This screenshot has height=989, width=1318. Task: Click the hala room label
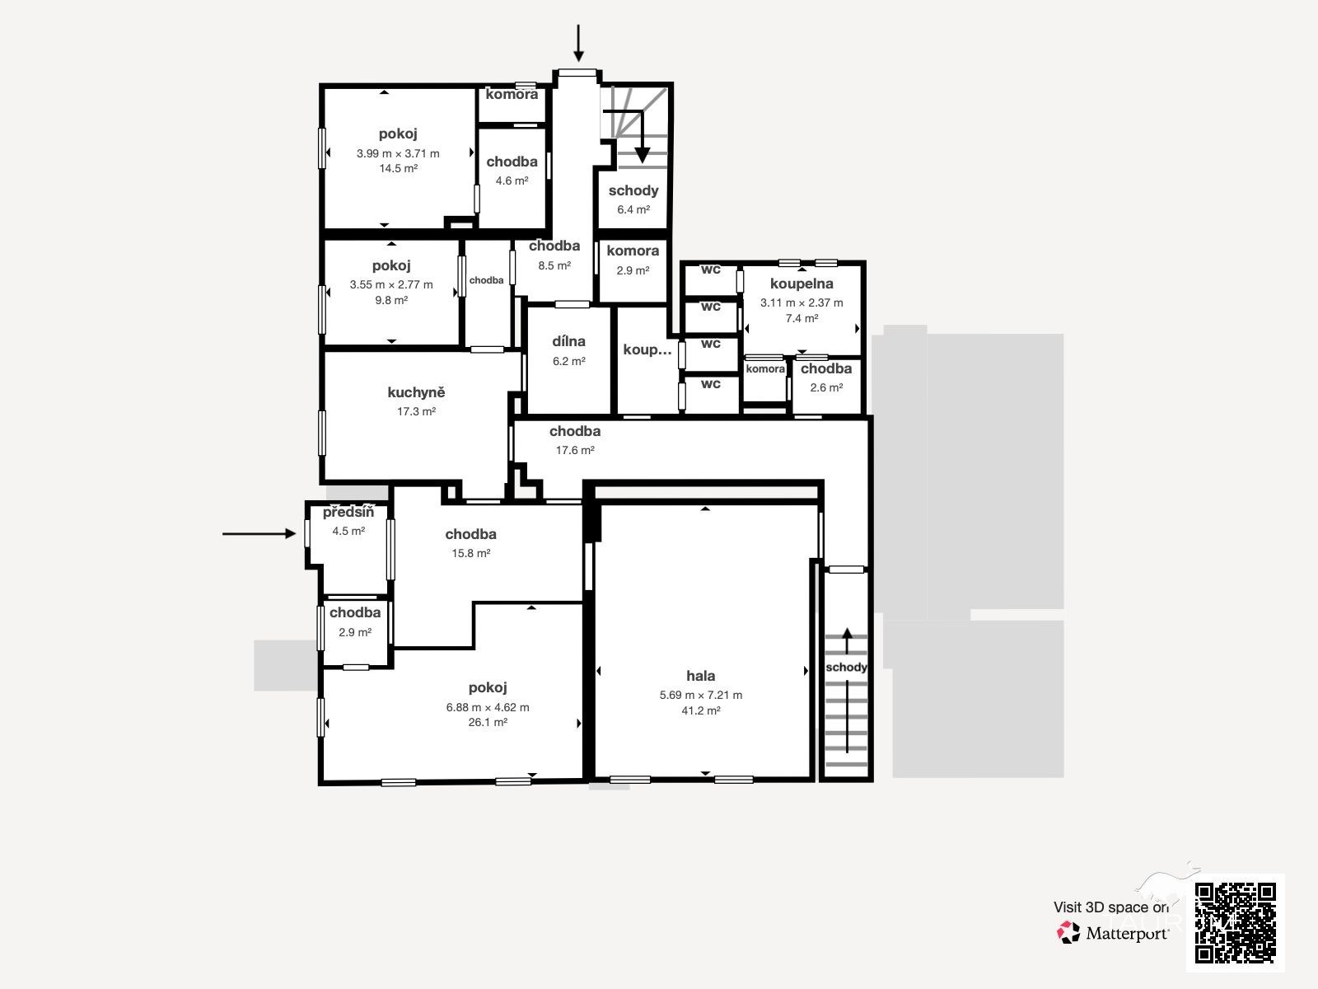700,676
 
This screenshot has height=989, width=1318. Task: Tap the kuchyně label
416,393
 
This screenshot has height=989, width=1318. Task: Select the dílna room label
568,341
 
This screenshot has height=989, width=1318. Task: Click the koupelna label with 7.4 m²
802,284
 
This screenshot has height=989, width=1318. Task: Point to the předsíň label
348,512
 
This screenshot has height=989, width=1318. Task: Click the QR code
1235,923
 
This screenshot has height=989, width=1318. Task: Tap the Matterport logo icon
1068,933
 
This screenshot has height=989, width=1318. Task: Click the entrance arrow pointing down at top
578,43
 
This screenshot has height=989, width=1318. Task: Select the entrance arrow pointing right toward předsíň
259,533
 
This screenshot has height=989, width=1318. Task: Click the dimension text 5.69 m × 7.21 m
701,696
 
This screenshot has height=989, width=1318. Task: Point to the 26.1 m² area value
488,723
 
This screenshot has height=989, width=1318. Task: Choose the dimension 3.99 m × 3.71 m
398,154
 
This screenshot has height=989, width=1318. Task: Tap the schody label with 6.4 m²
633,191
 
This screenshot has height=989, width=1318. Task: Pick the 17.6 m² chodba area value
575,450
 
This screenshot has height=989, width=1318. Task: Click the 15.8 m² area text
470,554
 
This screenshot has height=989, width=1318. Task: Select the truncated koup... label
647,350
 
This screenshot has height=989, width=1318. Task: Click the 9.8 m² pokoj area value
391,300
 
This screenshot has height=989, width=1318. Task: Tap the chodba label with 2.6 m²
826,368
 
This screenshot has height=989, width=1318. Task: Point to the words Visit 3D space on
1111,907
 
